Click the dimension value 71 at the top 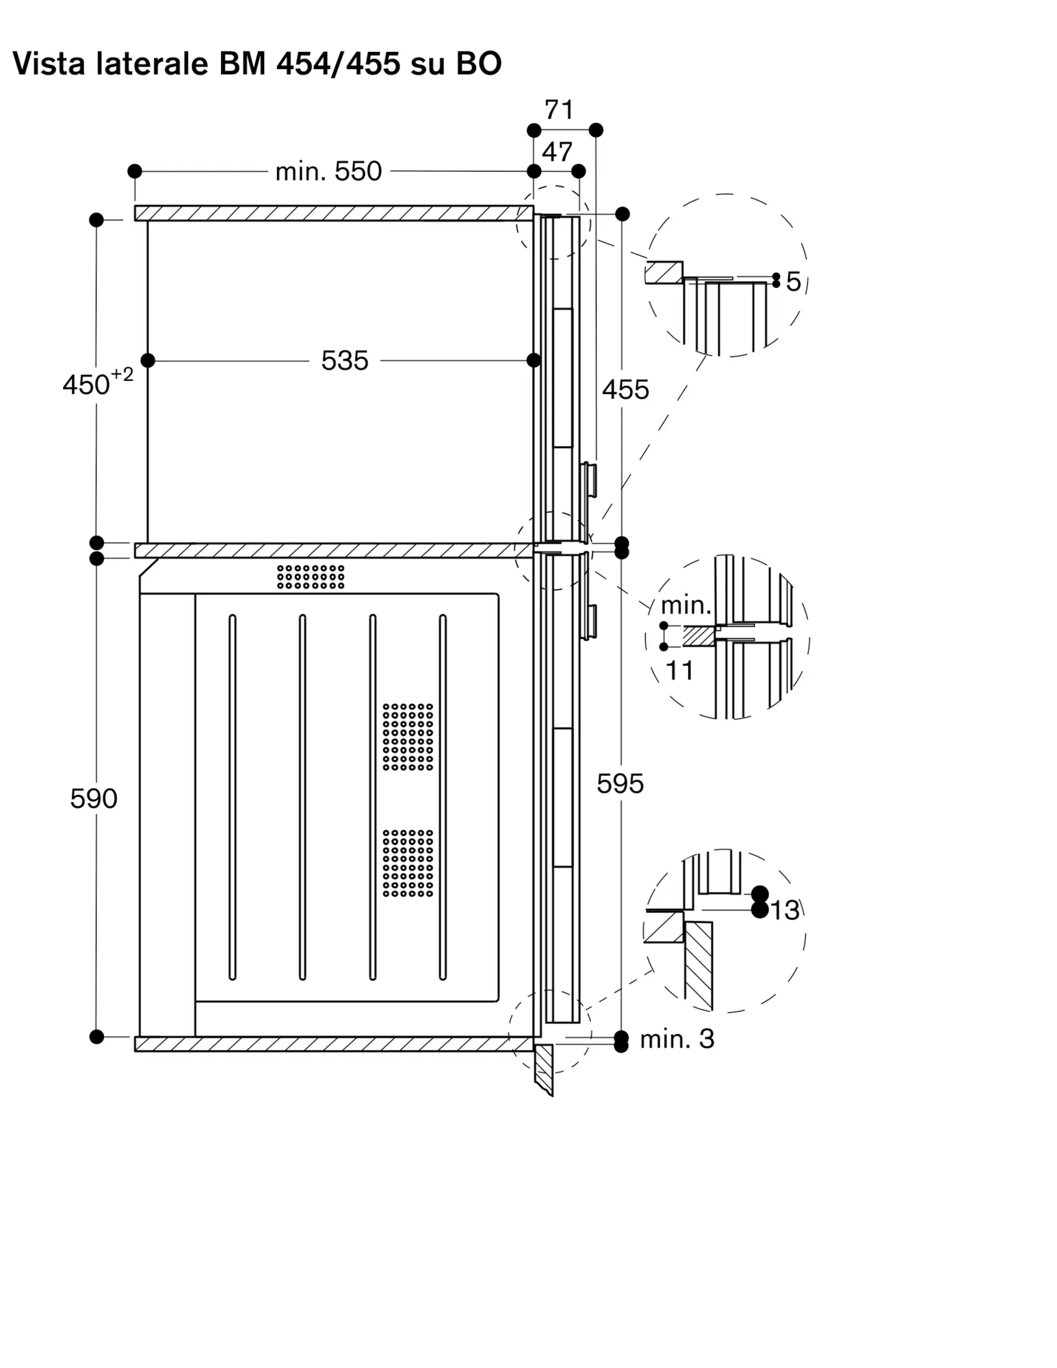tap(559, 109)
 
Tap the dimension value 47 tap(557, 152)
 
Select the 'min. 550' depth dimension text tap(328, 171)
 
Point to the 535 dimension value tap(345, 360)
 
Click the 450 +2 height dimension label tap(98, 382)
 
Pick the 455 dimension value tap(625, 390)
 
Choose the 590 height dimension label tap(94, 798)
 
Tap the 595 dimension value tap(620, 784)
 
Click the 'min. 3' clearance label tap(677, 1039)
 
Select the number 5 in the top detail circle tap(793, 281)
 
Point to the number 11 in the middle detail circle tap(679, 671)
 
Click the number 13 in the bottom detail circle tap(785, 910)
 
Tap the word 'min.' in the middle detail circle tap(686, 605)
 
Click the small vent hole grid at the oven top tap(311, 577)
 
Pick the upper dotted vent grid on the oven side tap(408, 737)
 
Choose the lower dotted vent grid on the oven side tap(408, 863)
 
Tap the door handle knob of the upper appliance tap(589, 480)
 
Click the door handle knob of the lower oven tap(589, 622)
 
